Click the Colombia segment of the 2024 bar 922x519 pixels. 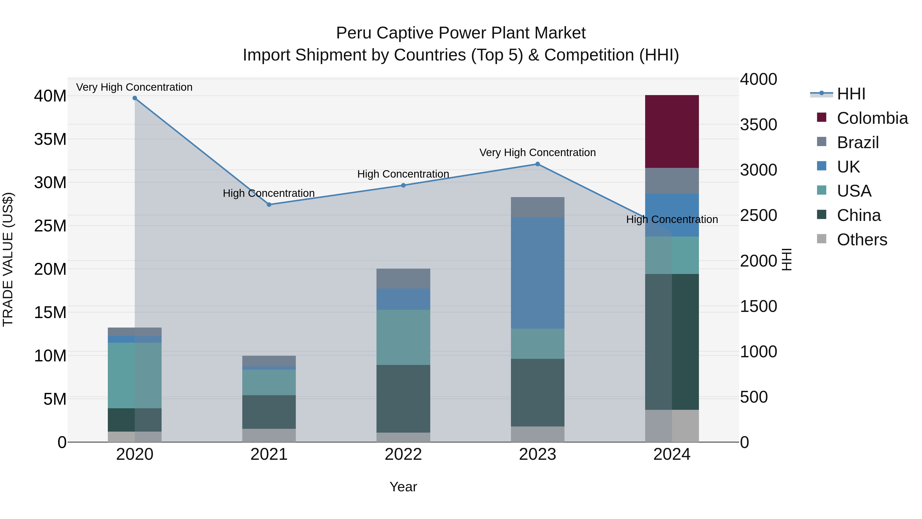(672, 131)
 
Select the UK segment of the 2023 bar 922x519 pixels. (537, 273)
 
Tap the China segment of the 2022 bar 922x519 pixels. (403, 398)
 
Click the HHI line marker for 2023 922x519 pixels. (537, 164)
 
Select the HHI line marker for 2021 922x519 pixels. (269, 205)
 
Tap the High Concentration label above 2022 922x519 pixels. (403, 174)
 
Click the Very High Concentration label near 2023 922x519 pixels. (537, 152)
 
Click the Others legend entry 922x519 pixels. (862, 240)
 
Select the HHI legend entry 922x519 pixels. (851, 94)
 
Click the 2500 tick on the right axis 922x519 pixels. (758, 215)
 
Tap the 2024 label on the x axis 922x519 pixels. (672, 454)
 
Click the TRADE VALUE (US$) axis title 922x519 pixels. (8, 259)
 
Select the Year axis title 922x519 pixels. (403, 487)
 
